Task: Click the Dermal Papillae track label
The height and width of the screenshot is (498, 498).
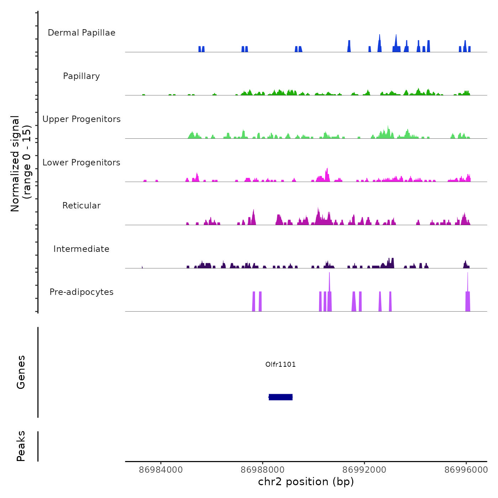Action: point(81,33)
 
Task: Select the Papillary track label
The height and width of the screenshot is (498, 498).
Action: point(81,76)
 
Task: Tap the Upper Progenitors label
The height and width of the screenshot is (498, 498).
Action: point(81,119)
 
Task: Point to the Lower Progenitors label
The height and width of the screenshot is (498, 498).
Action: point(81,163)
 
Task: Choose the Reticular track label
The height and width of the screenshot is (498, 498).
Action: point(81,206)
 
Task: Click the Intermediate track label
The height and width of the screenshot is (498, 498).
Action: point(81,249)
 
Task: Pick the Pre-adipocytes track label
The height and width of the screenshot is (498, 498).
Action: point(81,292)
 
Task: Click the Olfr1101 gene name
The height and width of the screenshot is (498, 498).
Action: point(280,364)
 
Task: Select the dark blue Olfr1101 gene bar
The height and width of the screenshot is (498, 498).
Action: point(281,397)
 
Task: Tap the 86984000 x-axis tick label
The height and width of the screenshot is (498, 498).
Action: point(161,470)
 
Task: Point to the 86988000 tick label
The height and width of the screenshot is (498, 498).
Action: point(263,470)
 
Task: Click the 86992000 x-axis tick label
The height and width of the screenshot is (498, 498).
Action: point(364,470)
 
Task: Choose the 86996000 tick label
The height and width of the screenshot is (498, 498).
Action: point(466,470)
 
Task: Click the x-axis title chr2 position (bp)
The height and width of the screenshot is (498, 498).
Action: point(306,482)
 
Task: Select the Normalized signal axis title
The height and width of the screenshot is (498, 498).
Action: point(21,163)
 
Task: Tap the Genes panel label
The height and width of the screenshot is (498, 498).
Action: point(21,372)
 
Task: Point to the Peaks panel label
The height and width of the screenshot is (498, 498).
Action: point(21,446)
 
